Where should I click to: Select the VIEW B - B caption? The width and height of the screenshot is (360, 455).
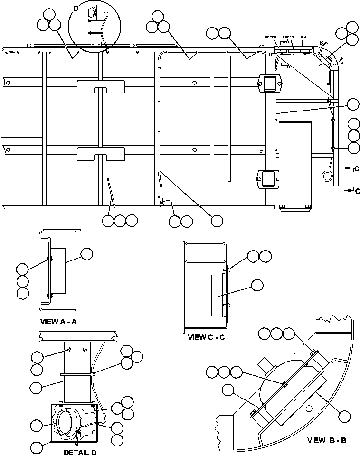(327, 440)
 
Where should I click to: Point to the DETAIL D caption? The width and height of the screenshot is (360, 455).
(80, 452)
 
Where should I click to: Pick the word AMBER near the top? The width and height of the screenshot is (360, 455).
(288, 37)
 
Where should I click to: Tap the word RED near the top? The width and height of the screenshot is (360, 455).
(303, 37)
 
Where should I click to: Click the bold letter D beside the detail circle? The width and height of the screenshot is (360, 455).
(76, 7)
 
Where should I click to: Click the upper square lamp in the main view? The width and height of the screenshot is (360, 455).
(269, 83)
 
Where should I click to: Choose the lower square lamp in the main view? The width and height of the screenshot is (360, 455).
(267, 178)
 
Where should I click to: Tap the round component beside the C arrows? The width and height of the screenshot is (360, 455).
(327, 176)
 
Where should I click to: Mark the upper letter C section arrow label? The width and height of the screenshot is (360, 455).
(356, 168)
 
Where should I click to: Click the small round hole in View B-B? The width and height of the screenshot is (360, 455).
(309, 409)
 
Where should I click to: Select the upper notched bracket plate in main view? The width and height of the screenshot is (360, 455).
(101, 86)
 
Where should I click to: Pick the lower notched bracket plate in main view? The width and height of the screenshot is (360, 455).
(101, 154)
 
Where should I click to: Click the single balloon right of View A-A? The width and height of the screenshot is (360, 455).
(86, 254)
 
